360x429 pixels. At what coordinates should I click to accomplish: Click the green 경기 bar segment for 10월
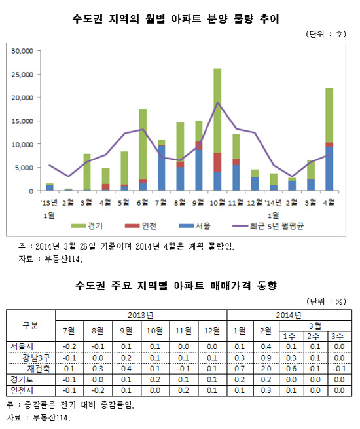click(217, 111)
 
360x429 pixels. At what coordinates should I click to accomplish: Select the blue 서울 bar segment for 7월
click(162, 168)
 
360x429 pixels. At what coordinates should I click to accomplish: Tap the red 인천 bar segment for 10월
click(217, 162)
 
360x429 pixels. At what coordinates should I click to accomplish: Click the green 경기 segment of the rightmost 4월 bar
click(329, 115)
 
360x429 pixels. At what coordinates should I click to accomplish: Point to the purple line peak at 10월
click(217, 102)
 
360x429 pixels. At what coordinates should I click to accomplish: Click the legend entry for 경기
click(87, 226)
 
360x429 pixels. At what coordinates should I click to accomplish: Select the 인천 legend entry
click(141, 226)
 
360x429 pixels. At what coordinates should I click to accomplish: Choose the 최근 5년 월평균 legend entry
click(268, 226)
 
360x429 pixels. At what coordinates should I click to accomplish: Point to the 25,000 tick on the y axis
click(22, 75)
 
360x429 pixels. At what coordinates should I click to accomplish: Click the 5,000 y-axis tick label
click(24, 168)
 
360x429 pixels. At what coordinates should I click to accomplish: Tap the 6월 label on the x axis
click(143, 202)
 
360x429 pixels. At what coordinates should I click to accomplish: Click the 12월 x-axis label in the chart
click(255, 202)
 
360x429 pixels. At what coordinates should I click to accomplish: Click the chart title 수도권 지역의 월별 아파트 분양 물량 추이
click(176, 19)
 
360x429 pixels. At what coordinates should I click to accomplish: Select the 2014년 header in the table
click(289, 315)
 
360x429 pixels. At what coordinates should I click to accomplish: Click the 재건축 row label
click(39, 369)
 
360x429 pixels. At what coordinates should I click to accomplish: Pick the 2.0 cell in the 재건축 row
click(266, 369)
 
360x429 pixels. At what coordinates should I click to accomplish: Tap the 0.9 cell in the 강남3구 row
click(266, 358)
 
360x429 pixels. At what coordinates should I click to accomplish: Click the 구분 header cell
click(30, 326)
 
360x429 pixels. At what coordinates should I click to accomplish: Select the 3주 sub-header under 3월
click(337, 336)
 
